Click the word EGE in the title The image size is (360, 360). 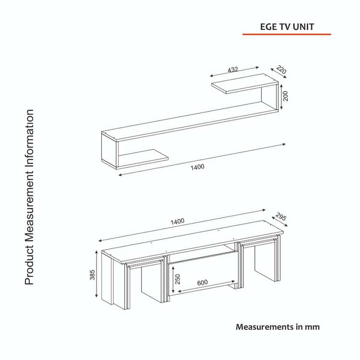click(268, 27)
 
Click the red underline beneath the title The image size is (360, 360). click(287, 34)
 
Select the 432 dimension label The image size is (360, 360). click(233, 70)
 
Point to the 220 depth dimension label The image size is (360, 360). click(281, 70)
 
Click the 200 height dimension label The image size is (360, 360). click(286, 96)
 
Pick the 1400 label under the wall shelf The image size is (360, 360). click(197, 167)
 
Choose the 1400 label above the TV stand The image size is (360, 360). click(178, 221)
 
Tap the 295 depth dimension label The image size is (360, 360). click(281, 217)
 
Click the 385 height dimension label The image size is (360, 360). click(92, 275)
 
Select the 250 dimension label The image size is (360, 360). click(178, 279)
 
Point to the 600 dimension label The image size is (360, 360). click(203, 282)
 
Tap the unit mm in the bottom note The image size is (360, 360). click(312, 327)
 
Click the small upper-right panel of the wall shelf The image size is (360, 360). click(245, 84)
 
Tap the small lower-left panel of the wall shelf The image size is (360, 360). click(143, 156)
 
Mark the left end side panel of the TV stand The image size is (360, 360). click(108, 278)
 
